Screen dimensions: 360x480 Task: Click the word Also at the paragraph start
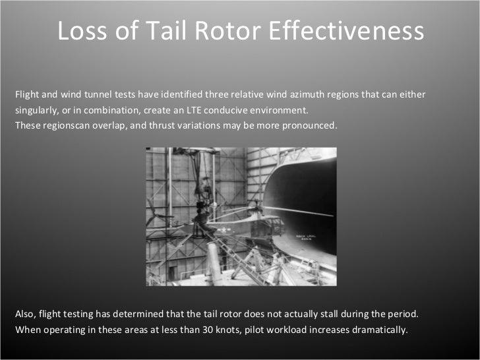tap(24, 314)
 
